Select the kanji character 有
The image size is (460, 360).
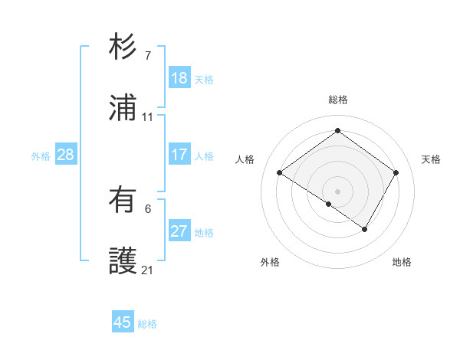(123, 201)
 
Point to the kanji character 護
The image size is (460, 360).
(123, 261)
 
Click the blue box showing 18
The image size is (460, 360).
(179, 78)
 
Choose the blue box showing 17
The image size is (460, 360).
(179, 155)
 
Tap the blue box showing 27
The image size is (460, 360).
(179, 231)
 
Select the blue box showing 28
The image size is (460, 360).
(65, 155)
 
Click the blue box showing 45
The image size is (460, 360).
(123, 322)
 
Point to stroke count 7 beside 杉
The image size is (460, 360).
(147, 55)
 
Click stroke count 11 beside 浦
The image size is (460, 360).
(147, 117)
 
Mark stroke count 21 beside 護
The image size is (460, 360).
(147, 270)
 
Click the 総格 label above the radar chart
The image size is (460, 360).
(338, 100)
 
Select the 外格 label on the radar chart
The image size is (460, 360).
(270, 262)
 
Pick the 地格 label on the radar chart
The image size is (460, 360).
(402, 262)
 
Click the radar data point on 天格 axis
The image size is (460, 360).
(396, 173)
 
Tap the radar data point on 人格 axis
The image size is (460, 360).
(280, 173)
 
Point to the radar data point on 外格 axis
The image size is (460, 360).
(329, 204)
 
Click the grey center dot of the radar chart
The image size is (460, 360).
(338, 190)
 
